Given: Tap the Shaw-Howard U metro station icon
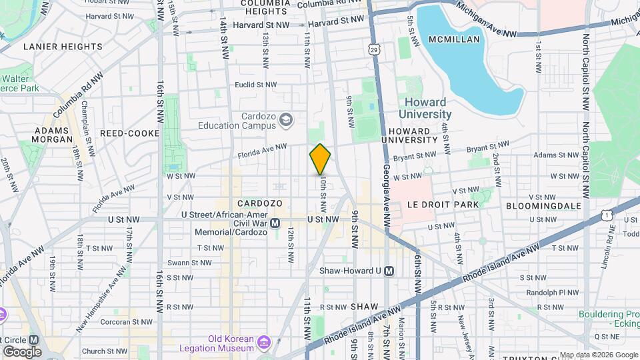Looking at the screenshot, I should tap(389, 271).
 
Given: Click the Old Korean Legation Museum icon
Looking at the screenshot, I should tap(264, 343).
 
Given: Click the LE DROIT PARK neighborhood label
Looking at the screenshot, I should tap(434, 205).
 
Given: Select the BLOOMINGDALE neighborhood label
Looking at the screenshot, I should tap(543, 206).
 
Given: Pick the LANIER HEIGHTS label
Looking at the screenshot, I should tap(63, 47).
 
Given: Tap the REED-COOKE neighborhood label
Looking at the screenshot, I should tap(129, 133).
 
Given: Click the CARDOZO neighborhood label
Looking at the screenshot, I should tap(260, 203).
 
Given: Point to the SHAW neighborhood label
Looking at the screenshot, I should tap(365, 307).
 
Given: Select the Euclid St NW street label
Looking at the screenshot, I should tap(255, 85).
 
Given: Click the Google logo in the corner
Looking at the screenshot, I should tap(22, 351).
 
